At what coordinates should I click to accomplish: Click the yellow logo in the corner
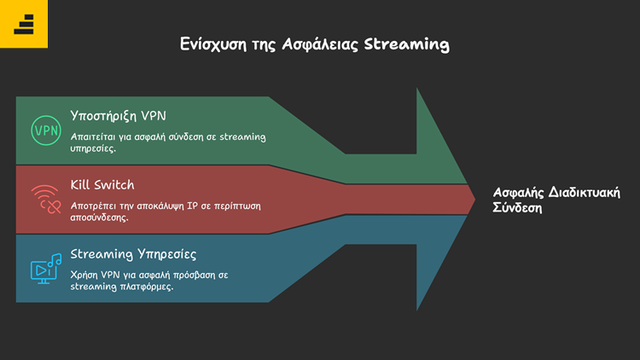point(24,24)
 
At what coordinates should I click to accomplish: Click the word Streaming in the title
point(406,44)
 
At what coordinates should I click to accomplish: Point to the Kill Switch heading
point(102,184)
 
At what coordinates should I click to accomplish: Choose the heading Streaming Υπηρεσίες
point(133,253)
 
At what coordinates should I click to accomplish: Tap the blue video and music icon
point(45,267)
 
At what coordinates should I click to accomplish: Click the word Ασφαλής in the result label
point(517,192)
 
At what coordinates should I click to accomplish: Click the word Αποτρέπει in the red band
point(95,205)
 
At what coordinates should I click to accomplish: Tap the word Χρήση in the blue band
point(85,274)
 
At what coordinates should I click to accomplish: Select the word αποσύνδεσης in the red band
point(99,217)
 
